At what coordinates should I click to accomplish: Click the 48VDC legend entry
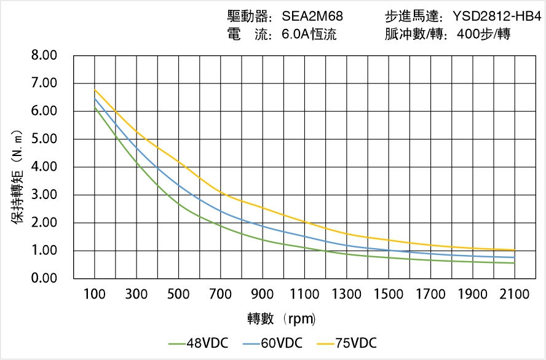click(198, 343)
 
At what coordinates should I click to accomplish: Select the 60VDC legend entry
click(272, 343)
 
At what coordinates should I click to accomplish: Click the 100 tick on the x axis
click(94, 294)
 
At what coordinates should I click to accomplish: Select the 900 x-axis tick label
click(263, 294)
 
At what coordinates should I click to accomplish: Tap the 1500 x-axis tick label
click(389, 294)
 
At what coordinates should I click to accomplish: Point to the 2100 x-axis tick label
click(515, 294)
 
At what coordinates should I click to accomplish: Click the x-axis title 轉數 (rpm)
click(281, 319)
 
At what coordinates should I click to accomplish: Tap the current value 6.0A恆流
click(309, 34)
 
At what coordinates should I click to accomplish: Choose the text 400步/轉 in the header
click(484, 34)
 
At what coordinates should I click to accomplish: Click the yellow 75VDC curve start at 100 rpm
click(95, 90)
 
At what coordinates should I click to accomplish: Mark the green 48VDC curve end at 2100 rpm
click(515, 263)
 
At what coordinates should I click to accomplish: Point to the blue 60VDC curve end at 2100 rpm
click(515, 257)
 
